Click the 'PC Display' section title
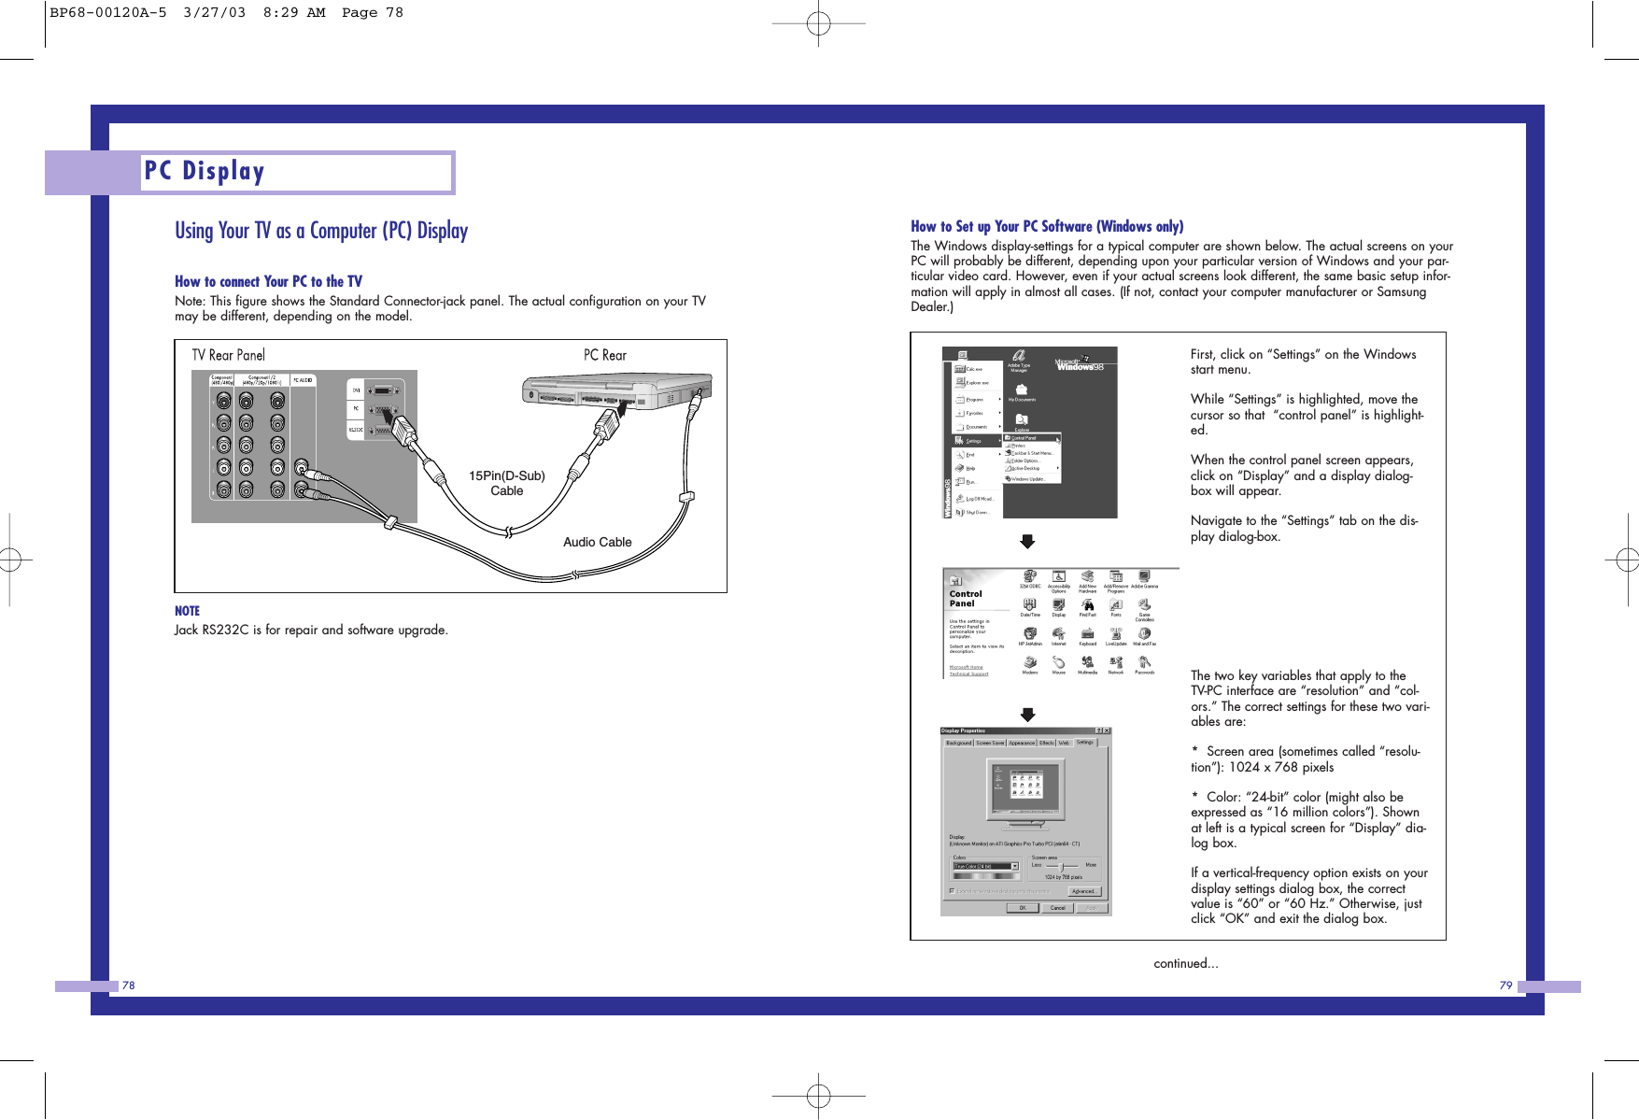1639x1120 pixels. click(205, 172)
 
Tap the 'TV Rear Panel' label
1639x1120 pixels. click(228, 355)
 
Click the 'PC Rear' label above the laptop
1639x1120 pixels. click(604, 355)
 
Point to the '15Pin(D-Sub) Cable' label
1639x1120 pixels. click(506, 483)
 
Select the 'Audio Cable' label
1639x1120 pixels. click(597, 542)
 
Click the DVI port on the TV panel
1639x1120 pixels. click(382, 390)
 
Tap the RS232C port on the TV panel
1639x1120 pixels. click(383, 430)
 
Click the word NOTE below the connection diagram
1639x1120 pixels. click(187, 611)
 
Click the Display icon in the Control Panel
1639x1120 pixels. click(1058, 606)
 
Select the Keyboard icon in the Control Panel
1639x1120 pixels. click(1087, 635)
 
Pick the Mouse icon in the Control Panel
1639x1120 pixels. click(1058, 664)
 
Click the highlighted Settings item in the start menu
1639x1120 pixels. click(975, 441)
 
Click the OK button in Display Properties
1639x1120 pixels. click(1022, 908)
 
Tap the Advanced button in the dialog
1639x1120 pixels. click(1083, 891)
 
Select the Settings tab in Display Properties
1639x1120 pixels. click(1084, 743)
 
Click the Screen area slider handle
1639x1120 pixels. click(1062, 866)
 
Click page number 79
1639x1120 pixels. click(1505, 985)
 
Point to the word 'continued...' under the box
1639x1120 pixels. click(1185, 963)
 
